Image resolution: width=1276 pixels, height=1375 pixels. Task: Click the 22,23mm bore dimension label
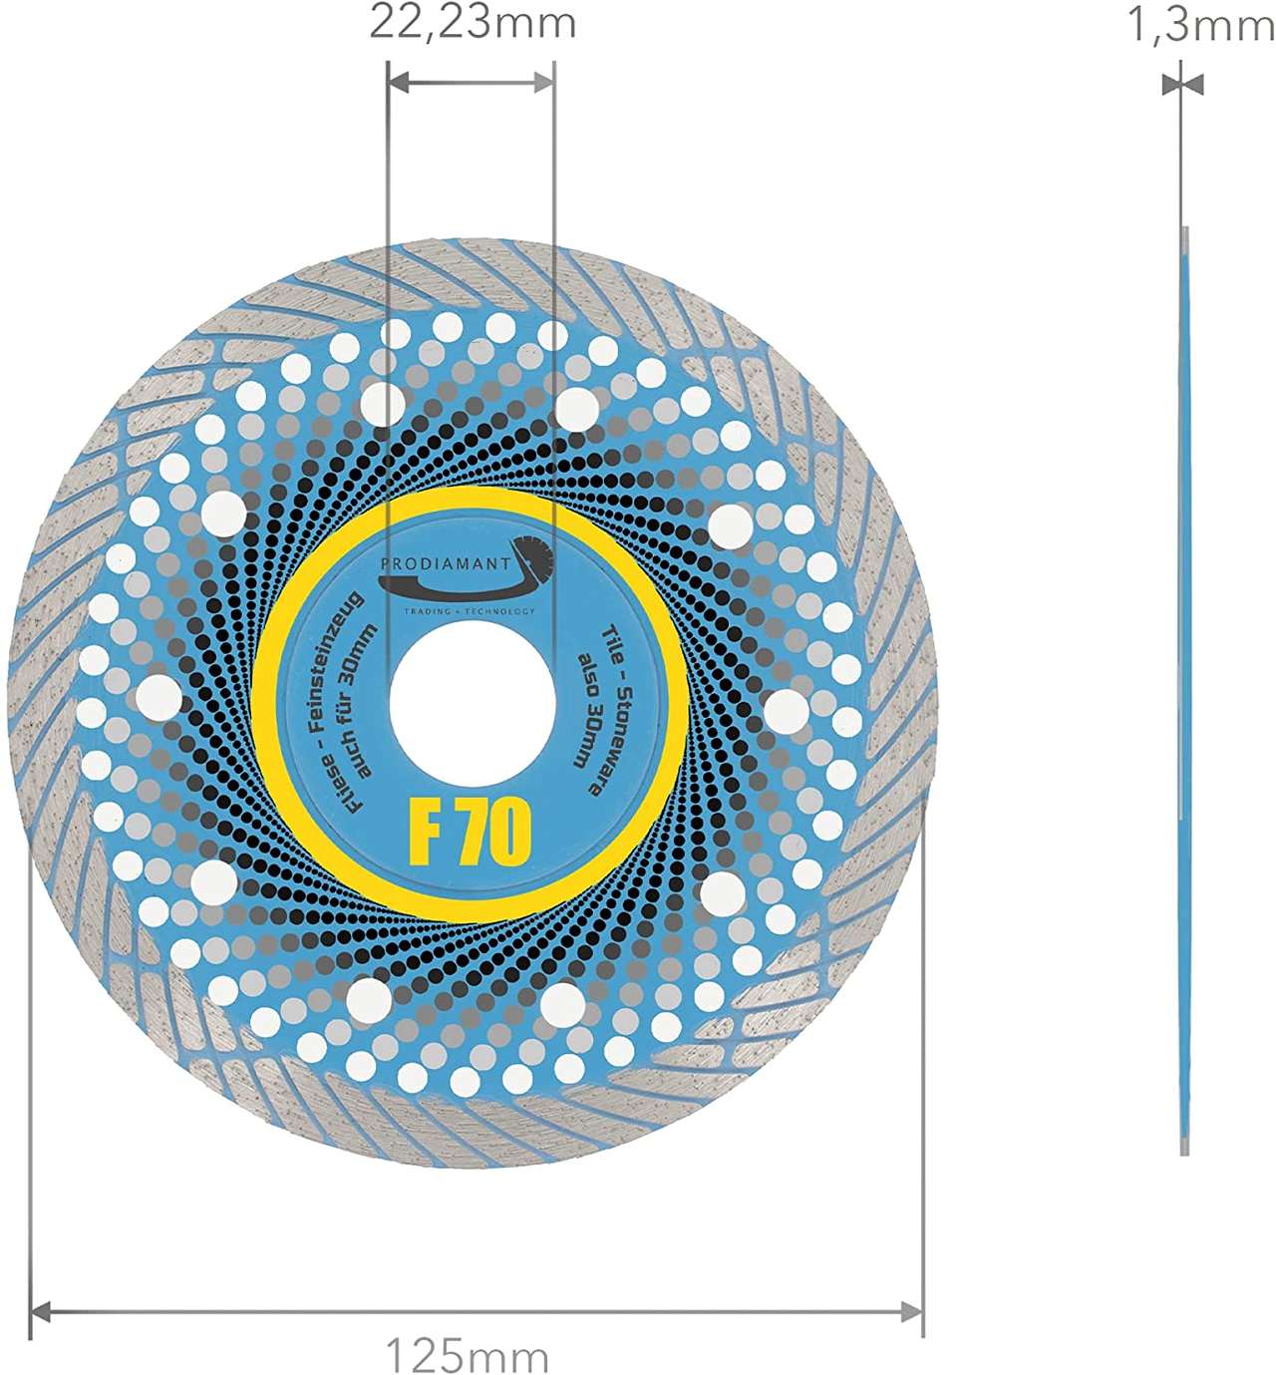click(x=473, y=22)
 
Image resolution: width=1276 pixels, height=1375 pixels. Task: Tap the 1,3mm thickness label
click(x=1199, y=24)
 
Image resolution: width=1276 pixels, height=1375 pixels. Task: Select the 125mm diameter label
click(x=468, y=1355)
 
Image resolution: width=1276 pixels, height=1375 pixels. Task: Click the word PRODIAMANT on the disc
click(x=445, y=564)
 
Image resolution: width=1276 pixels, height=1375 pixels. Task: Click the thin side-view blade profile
click(x=1183, y=688)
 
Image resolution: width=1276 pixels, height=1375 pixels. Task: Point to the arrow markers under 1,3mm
click(x=1182, y=85)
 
